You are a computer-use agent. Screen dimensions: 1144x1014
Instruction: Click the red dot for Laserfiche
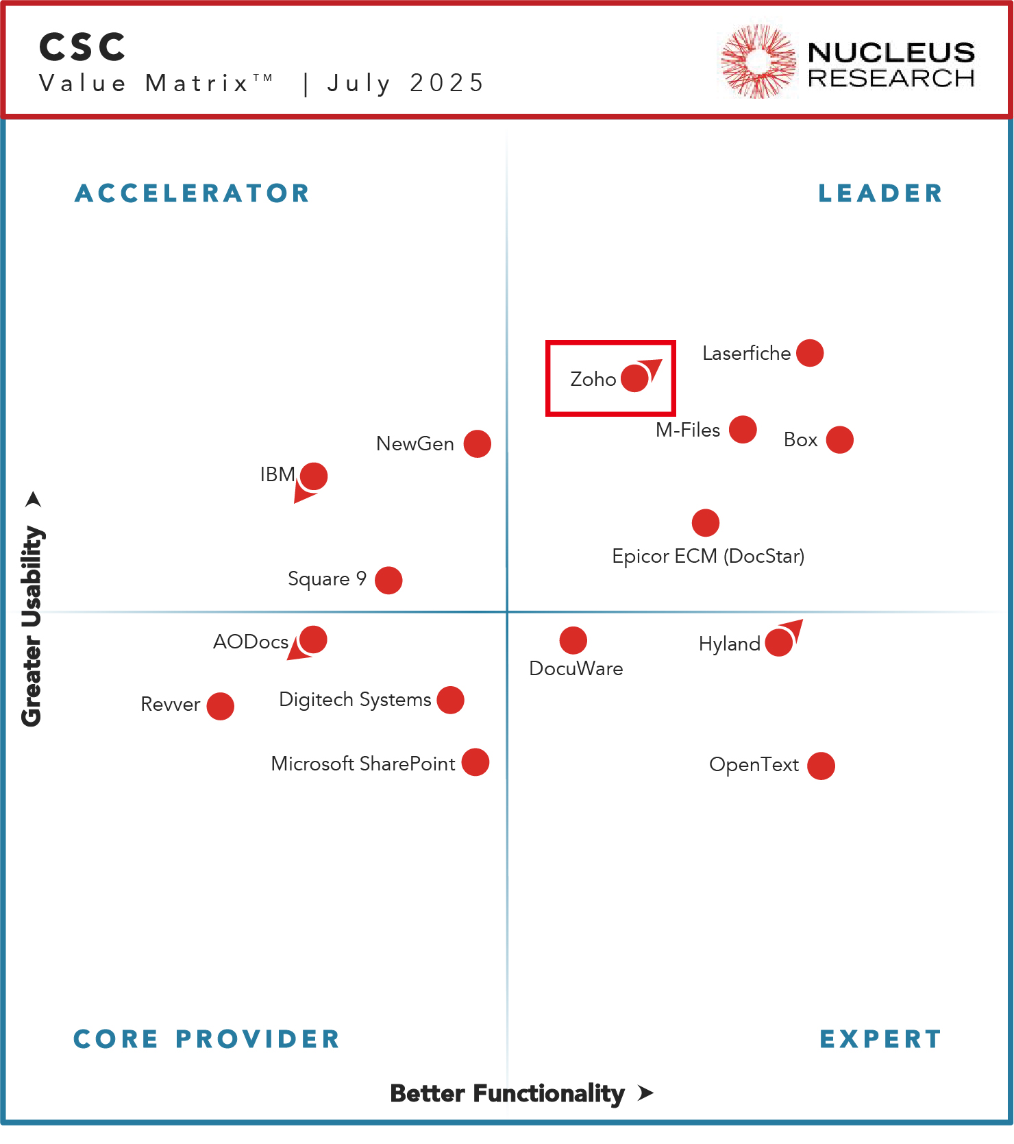(x=810, y=353)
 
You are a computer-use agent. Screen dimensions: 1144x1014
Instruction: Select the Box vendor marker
(x=839, y=440)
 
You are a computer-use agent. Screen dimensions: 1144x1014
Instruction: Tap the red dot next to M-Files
(x=743, y=430)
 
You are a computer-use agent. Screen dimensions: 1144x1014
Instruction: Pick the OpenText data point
(x=821, y=766)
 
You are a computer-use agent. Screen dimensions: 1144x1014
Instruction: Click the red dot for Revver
(x=220, y=706)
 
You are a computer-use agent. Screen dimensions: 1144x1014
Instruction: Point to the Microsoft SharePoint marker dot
(x=475, y=762)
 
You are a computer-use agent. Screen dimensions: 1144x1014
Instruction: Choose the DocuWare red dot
(x=573, y=640)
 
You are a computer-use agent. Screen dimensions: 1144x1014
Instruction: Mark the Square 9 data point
(x=388, y=581)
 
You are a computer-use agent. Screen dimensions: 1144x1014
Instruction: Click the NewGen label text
(x=415, y=444)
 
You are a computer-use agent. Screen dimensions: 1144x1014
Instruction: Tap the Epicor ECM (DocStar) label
(x=708, y=556)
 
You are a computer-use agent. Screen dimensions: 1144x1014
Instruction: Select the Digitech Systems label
(x=355, y=700)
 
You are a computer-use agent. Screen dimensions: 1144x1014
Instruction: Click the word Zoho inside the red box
(x=593, y=379)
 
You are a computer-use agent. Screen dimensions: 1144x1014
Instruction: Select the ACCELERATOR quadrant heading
(x=193, y=193)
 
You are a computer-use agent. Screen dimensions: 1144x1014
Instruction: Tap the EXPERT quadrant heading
(x=880, y=1039)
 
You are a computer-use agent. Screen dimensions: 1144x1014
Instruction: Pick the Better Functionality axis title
(x=507, y=1093)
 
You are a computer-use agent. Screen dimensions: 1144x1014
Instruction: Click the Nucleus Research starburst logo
(x=758, y=62)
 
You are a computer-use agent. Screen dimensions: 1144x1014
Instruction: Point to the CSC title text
(x=83, y=47)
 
